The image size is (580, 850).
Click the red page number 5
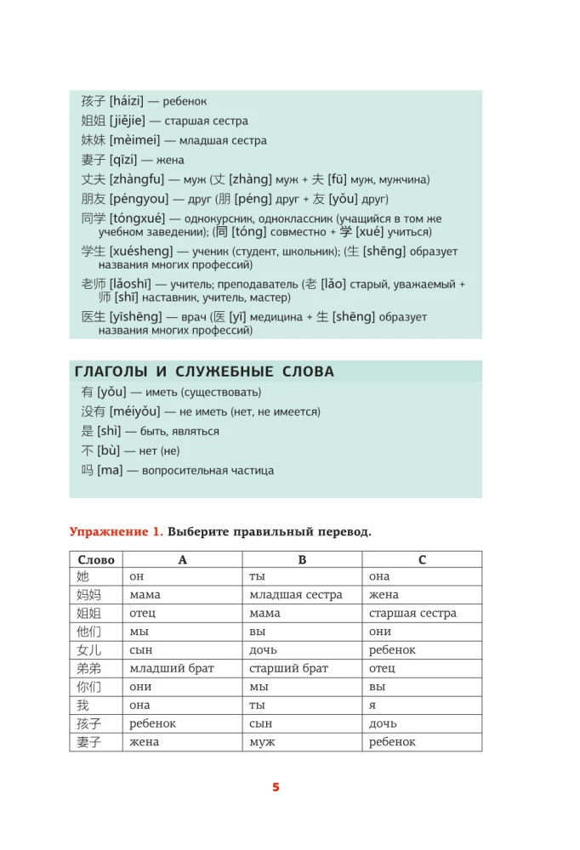click(276, 787)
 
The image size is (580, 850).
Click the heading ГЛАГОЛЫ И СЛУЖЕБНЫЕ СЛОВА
click(204, 371)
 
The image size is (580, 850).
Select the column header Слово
click(95, 559)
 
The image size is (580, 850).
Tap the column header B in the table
click(302, 559)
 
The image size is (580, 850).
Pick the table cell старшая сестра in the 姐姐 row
click(412, 614)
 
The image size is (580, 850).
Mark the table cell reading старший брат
click(289, 668)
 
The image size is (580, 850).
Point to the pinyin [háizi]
click(128, 101)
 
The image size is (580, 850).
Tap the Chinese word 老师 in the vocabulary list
click(94, 284)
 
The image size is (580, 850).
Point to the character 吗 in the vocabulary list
click(88, 470)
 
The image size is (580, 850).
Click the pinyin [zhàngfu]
click(136, 179)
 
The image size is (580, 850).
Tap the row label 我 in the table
click(82, 705)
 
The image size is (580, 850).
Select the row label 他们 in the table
click(88, 632)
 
